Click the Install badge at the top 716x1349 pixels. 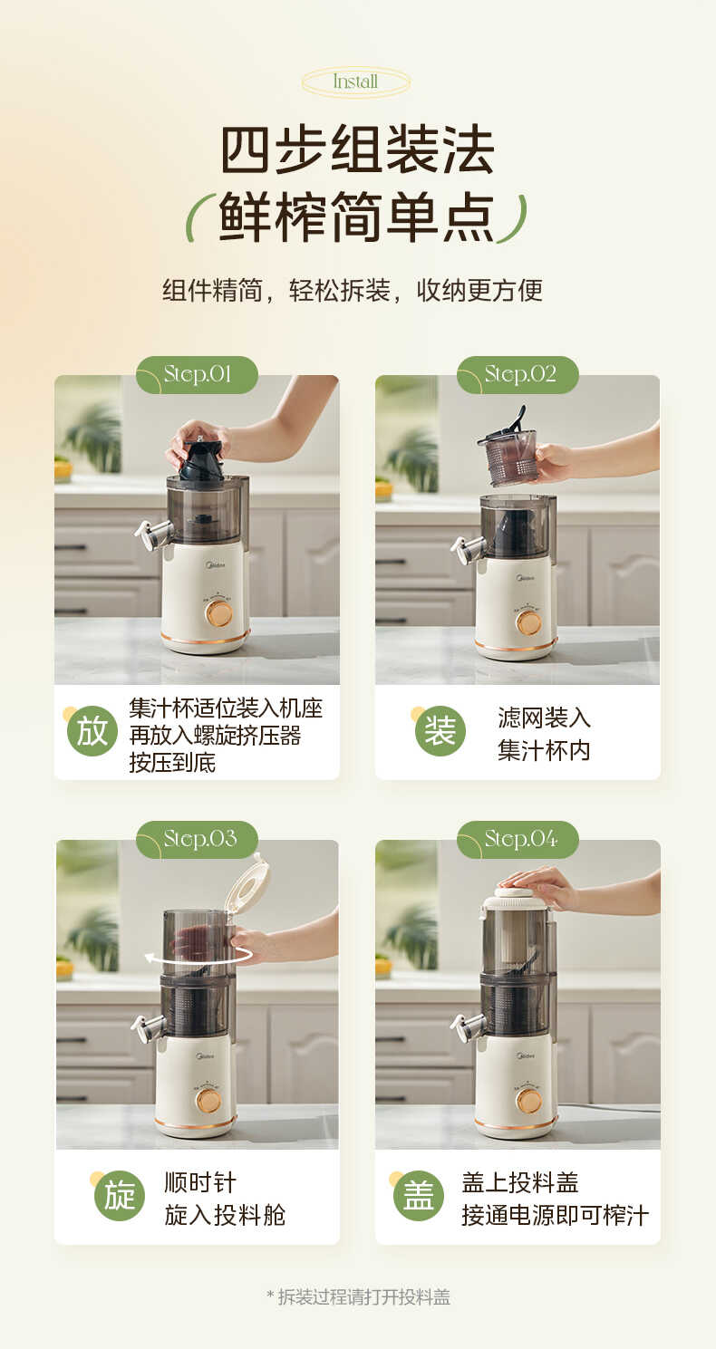tap(355, 82)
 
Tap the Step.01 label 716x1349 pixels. tap(197, 374)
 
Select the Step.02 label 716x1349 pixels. tap(518, 374)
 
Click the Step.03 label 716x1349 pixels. tap(198, 839)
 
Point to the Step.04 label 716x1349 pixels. tap(518, 839)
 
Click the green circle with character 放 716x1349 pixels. tap(92, 731)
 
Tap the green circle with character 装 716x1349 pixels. tap(440, 731)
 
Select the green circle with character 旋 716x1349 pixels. tap(120, 1195)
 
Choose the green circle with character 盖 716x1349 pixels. tap(419, 1195)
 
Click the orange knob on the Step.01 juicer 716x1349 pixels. tap(218, 613)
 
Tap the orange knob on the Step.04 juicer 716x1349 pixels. tap(528, 1100)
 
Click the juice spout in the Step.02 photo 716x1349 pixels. tap(467, 548)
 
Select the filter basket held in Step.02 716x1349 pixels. tap(509, 455)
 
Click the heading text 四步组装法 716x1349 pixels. tap(357, 150)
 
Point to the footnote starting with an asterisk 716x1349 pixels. tap(358, 1296)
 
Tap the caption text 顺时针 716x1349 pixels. tap(200, 1181)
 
